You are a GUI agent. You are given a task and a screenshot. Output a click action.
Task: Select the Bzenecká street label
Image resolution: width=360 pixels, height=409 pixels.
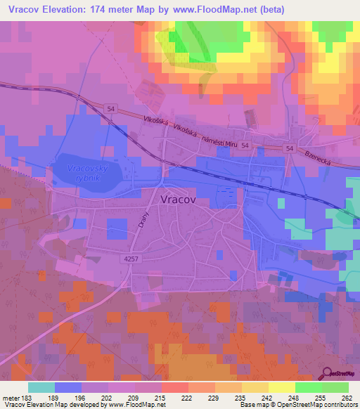coord(328,155)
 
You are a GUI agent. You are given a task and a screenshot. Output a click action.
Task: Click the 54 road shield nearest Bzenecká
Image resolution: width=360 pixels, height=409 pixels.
coord(290,149)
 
